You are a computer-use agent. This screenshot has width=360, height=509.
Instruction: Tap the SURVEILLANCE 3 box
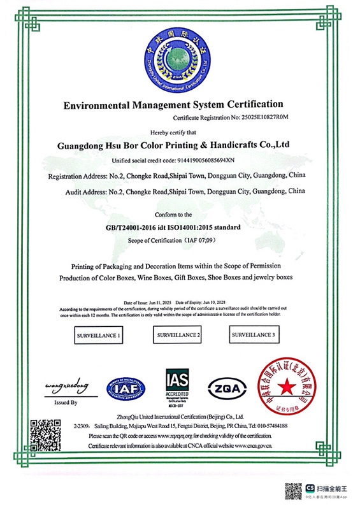[x=253, y=334]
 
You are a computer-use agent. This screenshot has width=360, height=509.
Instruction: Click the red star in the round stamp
[x=286, y=387]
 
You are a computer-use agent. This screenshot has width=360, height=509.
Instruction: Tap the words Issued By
[x=66, y=403]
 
